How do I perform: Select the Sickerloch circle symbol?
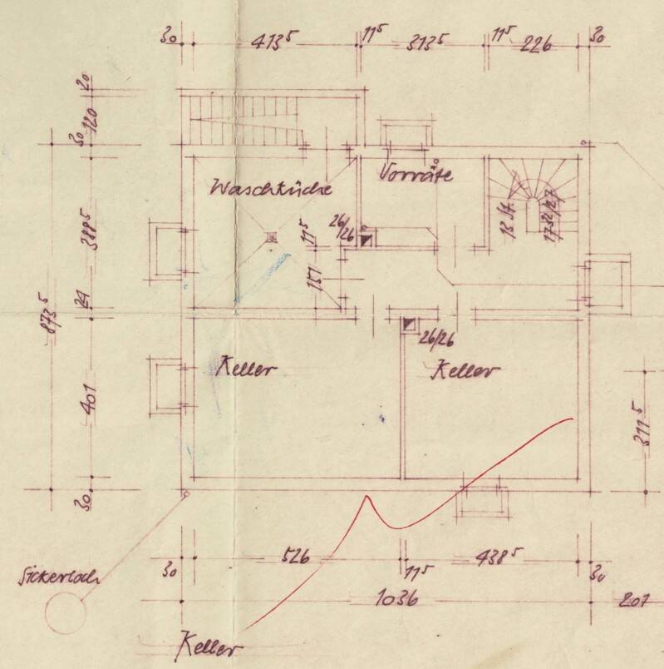coord(66,617)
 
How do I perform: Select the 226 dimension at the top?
coord(536,45)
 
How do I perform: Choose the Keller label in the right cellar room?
coord(465,370)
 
